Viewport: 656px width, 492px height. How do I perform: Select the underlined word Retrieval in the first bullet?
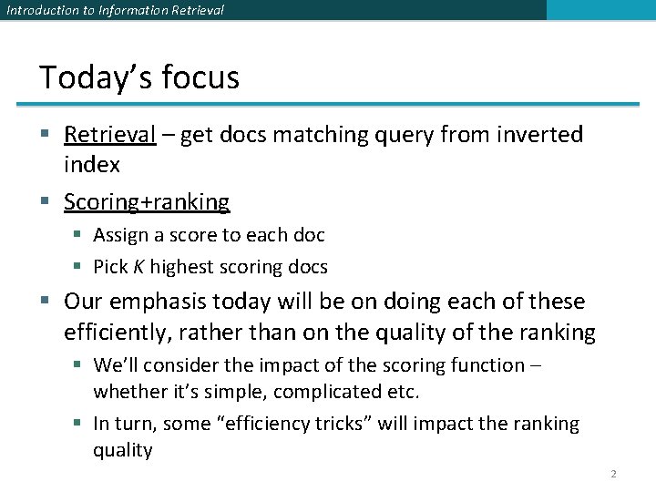pos(110,135)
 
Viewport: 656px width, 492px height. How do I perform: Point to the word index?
pos(91,164)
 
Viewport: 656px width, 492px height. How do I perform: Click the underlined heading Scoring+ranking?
pos(147,201)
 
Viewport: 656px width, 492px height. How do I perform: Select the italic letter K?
pos(138,267)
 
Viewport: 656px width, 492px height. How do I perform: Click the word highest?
pos(180,267)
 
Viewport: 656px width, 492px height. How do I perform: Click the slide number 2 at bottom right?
pos(613,474)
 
